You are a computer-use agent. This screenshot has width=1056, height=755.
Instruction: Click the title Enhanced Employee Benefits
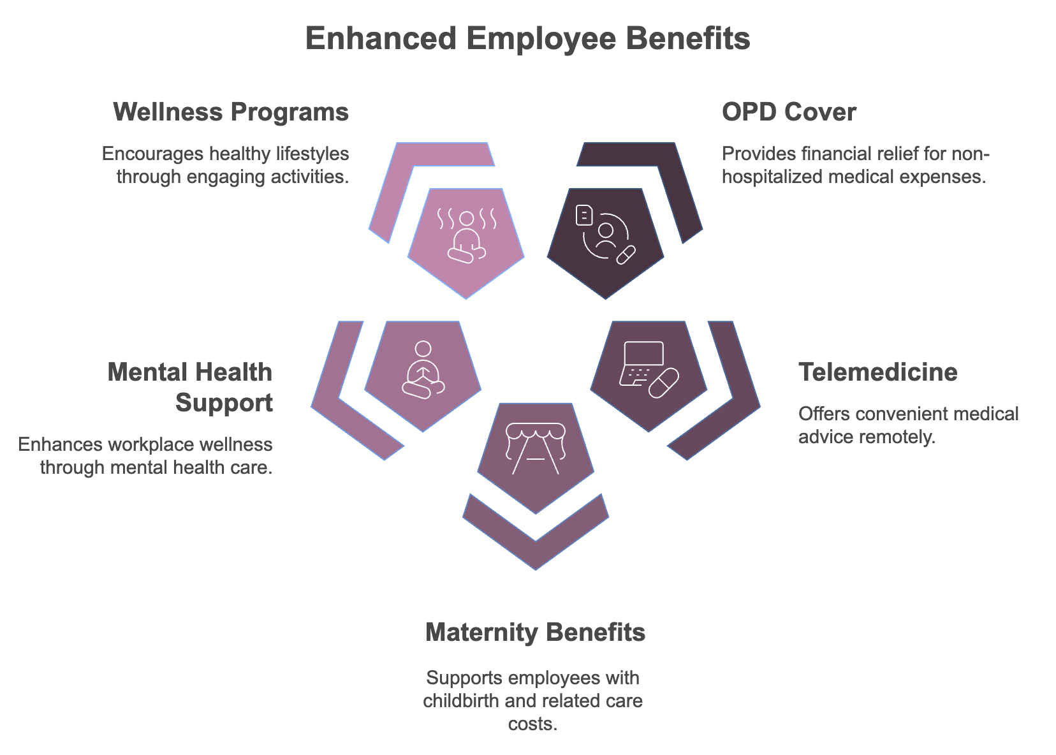(x=527, y=38)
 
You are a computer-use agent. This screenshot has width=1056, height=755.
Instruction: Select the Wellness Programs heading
(x=231, y=112)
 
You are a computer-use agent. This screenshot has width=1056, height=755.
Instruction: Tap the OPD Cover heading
(x=789, y=112)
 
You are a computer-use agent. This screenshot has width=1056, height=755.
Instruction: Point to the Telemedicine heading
(x=878, y=372)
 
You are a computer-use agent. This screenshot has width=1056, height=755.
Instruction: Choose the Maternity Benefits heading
(x=535, y=632)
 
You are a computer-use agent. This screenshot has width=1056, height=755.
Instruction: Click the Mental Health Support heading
(x=190, y=387)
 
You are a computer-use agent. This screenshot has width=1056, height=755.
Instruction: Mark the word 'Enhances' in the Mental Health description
(x=55, y=444)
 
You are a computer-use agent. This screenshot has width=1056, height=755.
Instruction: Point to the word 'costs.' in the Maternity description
(x=533, y=724)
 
